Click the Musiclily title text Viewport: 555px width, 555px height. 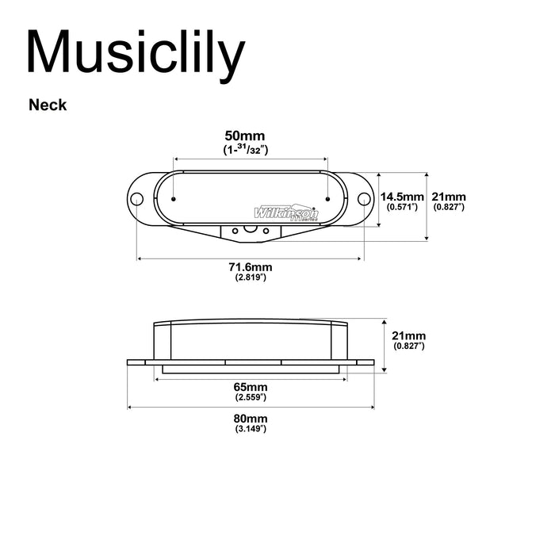[135, 54]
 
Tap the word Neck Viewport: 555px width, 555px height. [48, 104]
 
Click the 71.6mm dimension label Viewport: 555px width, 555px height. [250, 266]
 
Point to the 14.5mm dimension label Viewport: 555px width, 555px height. [401, 196]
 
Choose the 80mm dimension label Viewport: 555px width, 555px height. [251, 418]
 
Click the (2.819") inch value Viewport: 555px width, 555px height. [250, 277]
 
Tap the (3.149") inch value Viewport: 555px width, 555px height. [251, 429]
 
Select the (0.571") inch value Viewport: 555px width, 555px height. [401, 206]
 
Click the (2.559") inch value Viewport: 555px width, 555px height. [251, 396]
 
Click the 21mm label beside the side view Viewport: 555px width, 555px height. [409, 335]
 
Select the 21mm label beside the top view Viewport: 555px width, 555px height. [449, 196]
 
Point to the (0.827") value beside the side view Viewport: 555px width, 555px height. [409, 346]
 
